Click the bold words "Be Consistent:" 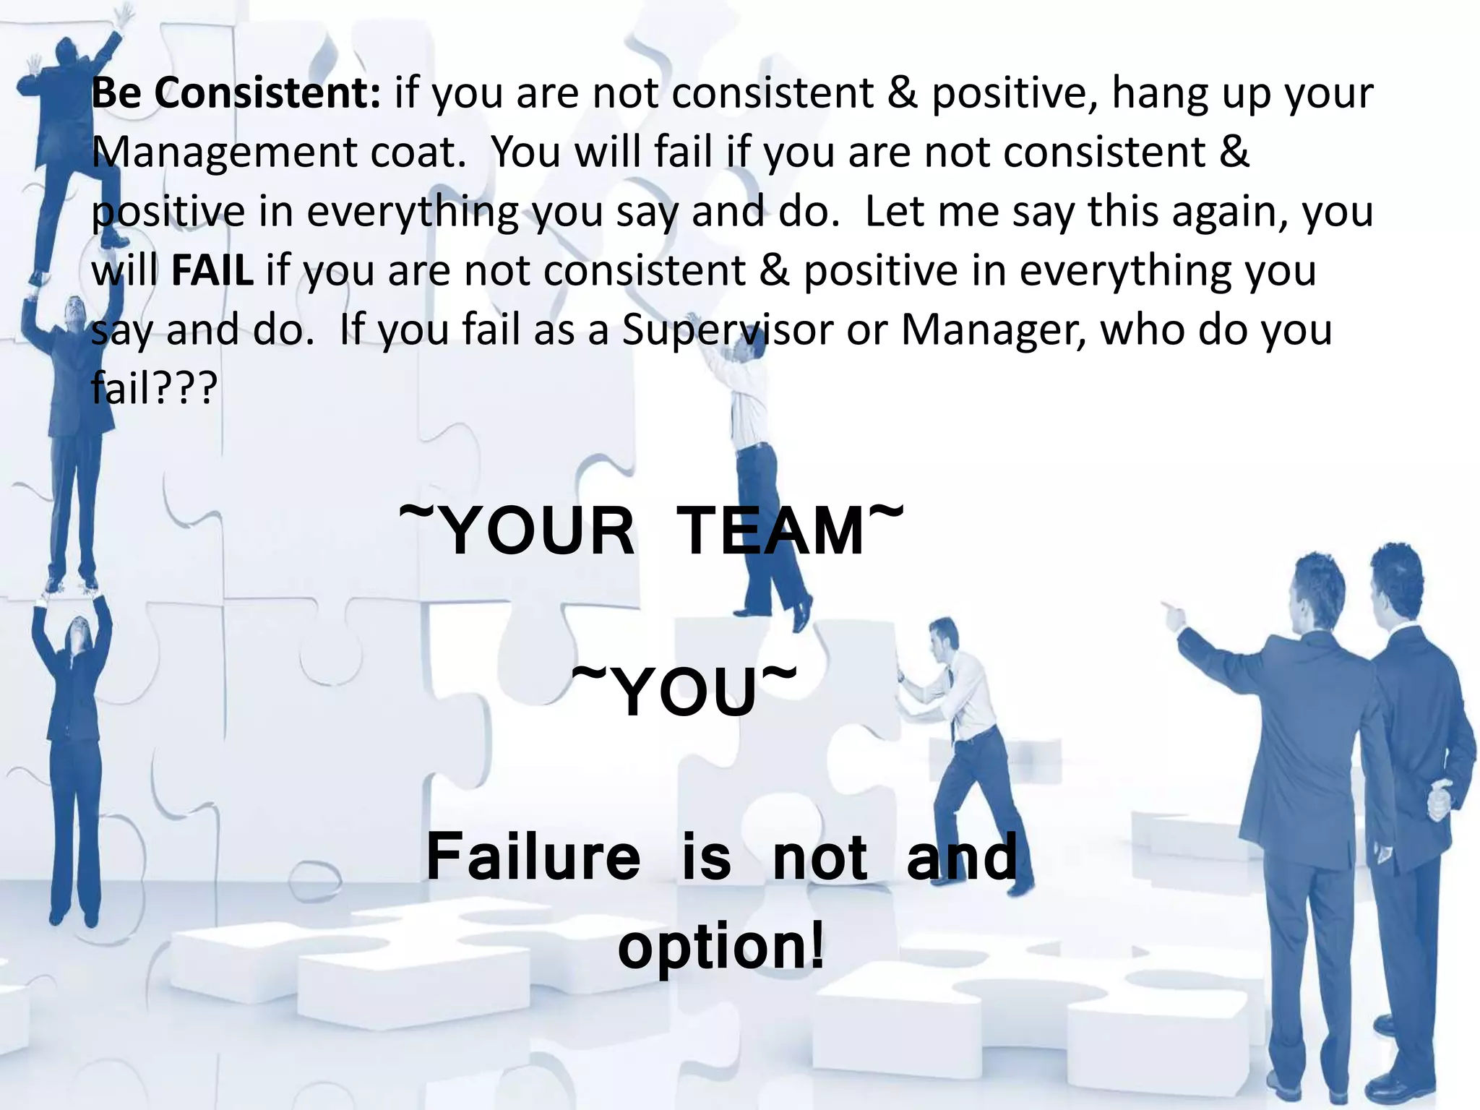[x=236, y=93]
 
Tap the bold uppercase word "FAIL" [x=212, y=271]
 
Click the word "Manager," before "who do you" [x=994, y=330]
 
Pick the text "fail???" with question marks [x=154, y=389]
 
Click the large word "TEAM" [x=770, y=531]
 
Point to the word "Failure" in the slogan [x=533, y=857]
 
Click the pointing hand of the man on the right [x=1172, y=614]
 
